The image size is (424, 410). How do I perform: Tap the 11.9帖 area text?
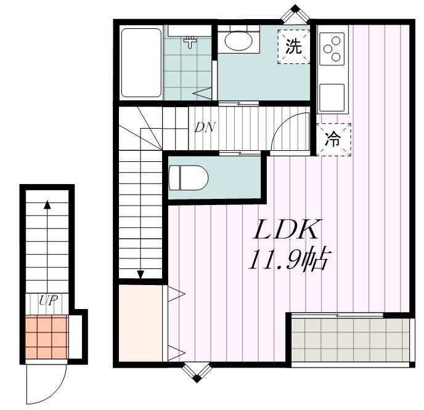[x=287, y=261]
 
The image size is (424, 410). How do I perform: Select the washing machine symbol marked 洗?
[x=293, y=47]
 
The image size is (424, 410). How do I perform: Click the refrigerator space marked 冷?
[x=333, y=139]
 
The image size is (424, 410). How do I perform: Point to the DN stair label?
[x=204, y=127]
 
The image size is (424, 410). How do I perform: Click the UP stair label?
[x=48, y=301]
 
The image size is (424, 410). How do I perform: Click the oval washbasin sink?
[x=238, y=42]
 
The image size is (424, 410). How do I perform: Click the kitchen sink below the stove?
[x=332, y=96]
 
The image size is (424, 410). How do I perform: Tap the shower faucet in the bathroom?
[x=190, y=42]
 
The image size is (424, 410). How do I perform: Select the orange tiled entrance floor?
[x=47, y=337]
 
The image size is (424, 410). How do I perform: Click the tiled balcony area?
[x=349, y=340]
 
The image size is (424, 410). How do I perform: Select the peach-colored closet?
[x=141, y=323]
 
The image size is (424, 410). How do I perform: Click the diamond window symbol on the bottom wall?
[x=196, y=372]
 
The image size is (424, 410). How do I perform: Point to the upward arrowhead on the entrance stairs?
[x=47, y=206]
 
